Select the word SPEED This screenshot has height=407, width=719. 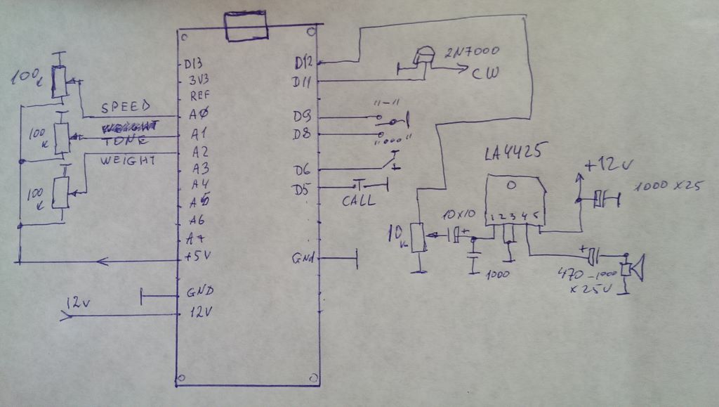click(x=126, y=108)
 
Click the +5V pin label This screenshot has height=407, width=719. click(x=197, y=255)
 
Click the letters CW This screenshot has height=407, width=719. click(x=486, y=73)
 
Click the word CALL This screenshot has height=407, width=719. click(x=359, y=200)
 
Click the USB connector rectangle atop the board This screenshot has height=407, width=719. click(x=245, y=27)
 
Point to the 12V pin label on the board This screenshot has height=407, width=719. click(x=199, y=312)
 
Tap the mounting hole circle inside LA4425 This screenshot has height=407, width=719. click(x=513, y=185)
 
